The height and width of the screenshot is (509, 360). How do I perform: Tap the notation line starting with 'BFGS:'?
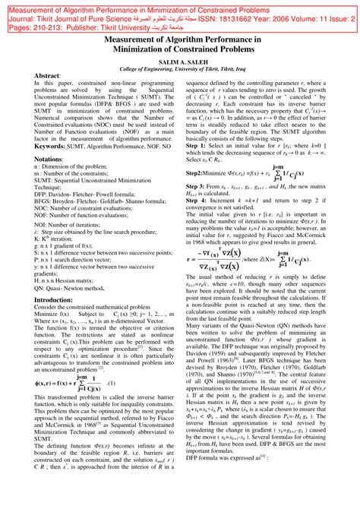click(99, 203)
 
